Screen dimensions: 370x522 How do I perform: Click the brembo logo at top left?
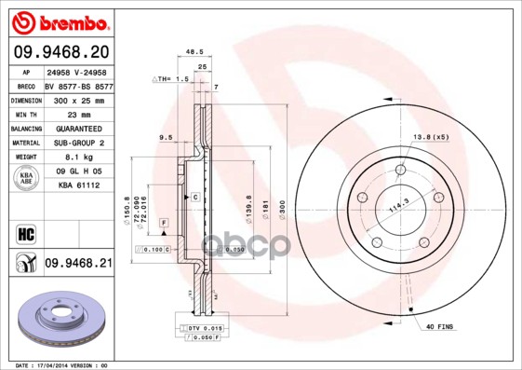[x=61, y=21]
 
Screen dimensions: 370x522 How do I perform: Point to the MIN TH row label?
[x=25, y=113]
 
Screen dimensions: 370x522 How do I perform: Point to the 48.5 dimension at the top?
[x=194, y=54]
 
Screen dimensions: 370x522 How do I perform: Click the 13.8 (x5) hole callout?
[x=431, y=137]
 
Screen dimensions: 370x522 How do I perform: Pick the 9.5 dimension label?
[x=166, y=137]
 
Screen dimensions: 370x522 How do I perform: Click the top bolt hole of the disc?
[x=400, y=170]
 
